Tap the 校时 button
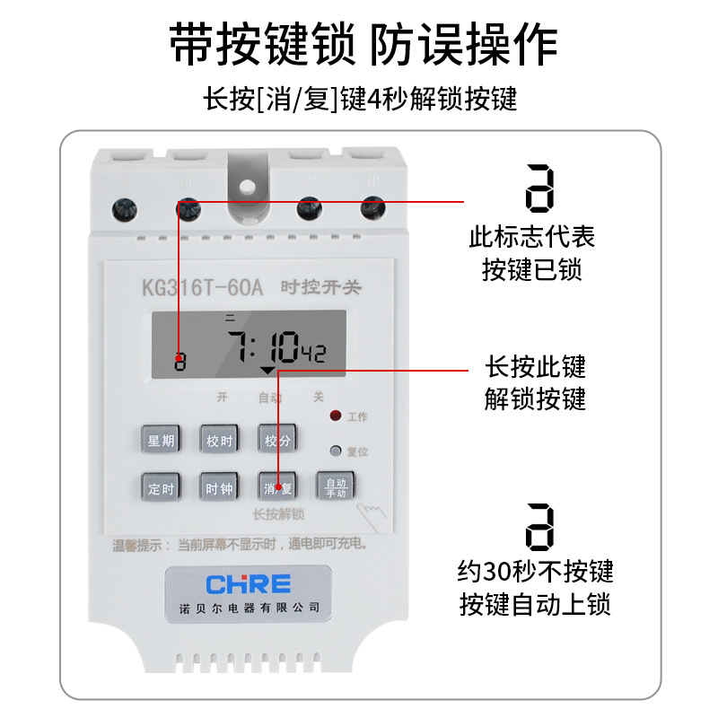[x=219, y=441]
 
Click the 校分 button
[x=277, y=441]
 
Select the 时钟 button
[x=219, y=488]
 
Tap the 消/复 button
[x=277, y=488]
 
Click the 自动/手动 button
[x=336, y=487]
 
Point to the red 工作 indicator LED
[x=336, y=416]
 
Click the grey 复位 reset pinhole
[x=336, y=451]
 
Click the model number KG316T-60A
[x=201, y=288]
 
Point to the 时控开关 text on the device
[x=320, y=288]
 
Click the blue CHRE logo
[x=249, y=585]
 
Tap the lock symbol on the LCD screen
[x=179, y=361]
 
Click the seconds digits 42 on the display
[x=312, y=355]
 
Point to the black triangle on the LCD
[x=267, y=369]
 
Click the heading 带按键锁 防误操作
[x=363, y=45]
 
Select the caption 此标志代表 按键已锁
[x=532, y=254]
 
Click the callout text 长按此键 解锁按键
[x=535, y=382]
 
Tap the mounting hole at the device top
[x=246, y=189]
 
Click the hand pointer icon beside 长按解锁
[x=367, y=515]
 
